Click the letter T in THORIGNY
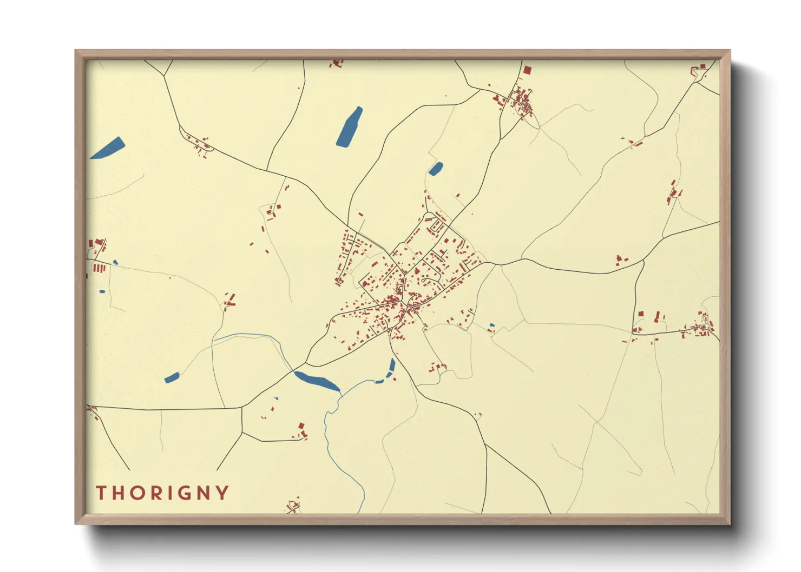pos(101,493)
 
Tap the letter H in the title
pos(119,493)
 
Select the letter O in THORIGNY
pos(139,493)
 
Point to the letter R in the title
pos(159,493)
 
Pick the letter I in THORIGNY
pos(174,493)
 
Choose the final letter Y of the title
pos(223,493)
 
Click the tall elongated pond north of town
pos(350,127)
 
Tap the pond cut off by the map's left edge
pos(108,148)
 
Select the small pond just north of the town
pos(436,169)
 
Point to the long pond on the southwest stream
pos(317,380)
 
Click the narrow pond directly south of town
pos(392,367)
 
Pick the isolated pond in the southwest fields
pos(172,377)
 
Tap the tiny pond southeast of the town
pos(491,325)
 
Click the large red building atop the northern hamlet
pos(527,70)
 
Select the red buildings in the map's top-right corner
pos(699,69)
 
